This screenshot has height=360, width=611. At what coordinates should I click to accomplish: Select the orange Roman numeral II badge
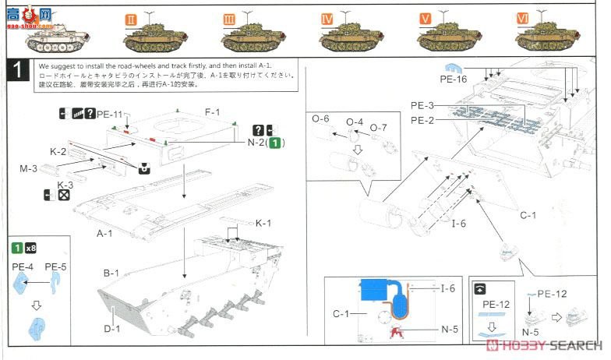click(131, 16)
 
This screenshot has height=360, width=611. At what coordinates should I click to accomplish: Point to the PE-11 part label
click(111, 115)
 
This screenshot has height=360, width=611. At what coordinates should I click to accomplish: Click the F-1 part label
click(213, 113)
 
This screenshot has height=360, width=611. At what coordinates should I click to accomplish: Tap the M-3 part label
click(29, 168)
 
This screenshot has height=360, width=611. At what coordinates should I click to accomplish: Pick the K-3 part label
click(65, 185)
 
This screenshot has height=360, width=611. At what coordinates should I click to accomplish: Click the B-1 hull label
click(111, 274)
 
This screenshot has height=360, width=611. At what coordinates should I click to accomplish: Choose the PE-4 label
click(22, 266)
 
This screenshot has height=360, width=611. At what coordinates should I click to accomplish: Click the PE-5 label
click(55, 266)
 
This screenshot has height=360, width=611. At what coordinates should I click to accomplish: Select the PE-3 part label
click(422, 106)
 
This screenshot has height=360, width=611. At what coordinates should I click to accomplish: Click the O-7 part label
click(379, 127)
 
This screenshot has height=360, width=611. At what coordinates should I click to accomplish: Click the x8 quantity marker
click(30, 249)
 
